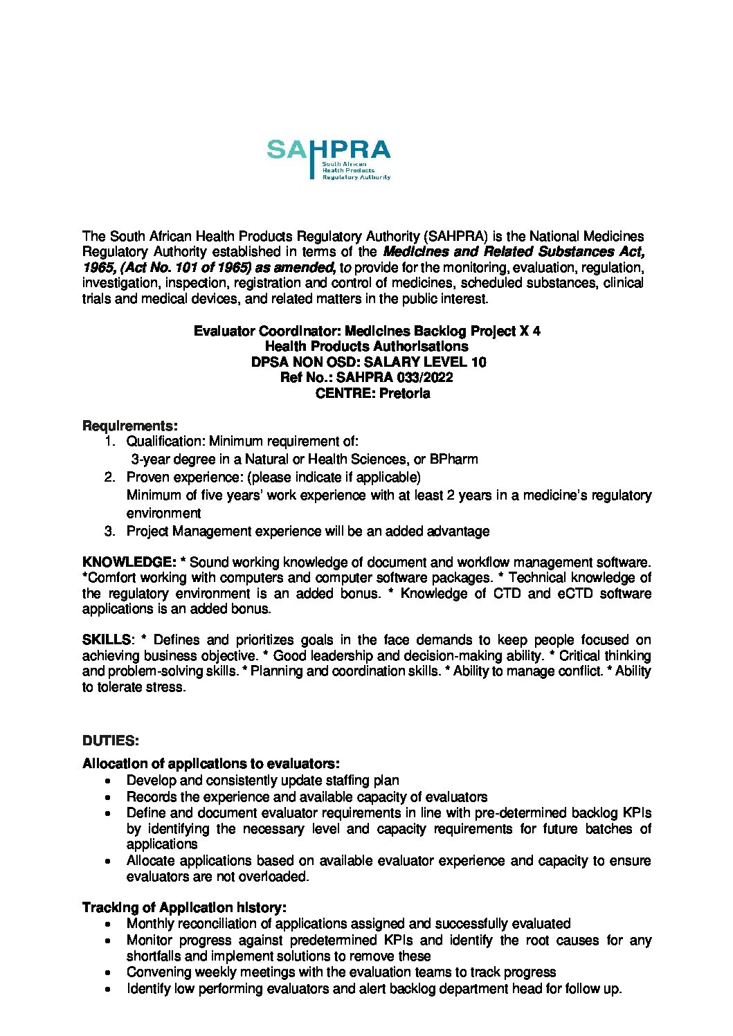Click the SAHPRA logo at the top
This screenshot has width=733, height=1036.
329,159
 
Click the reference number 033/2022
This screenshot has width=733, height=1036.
424,378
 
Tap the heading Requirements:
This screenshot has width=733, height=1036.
129,426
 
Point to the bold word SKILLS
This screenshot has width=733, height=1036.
106,640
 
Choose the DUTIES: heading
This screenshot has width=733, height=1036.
110,741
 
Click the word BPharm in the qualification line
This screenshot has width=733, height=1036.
453,460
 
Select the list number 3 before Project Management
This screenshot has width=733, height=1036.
109,531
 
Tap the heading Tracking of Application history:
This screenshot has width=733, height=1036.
184,907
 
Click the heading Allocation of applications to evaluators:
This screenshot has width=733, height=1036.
211,764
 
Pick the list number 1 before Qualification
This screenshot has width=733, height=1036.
109,442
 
